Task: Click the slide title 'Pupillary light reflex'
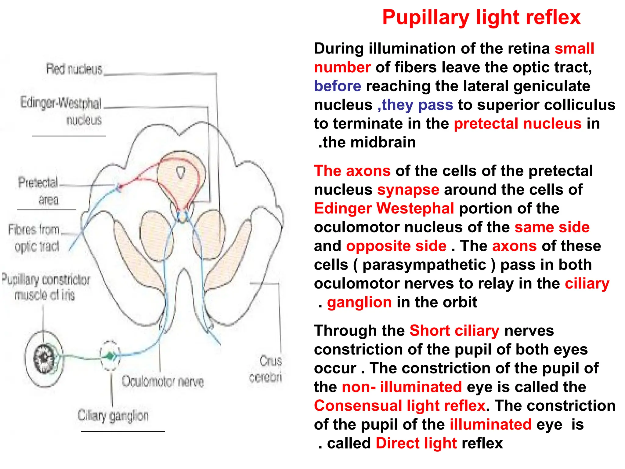[x=481, y=17]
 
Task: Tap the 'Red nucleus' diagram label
[x=74, y=69]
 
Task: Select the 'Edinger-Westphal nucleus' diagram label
[x=61, y=111]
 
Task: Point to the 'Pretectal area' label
[x=39, y=191]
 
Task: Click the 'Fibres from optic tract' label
[x=34, y=238]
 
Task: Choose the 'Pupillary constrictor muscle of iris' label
[x=46, y=287]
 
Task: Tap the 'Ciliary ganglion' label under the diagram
[x=113, y=416]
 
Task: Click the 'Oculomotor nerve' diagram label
[x=163, y=382]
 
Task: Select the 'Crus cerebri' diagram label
[x=266, y=369]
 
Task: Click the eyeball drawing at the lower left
[x=44, y=359]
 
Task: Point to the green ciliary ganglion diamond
[x=110, y=356]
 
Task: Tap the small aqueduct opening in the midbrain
[x=181, y=172]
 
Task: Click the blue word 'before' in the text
[x=338, y=86]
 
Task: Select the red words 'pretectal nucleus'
[x=518, y=124]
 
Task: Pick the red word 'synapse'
[x=408, y=190]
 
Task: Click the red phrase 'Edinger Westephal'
[x=384, y=209]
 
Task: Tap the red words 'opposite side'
[x=396, y=246]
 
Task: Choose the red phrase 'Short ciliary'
[x=454, y=331]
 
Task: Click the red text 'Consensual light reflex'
[x=400, y=406]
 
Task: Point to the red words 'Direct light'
[x=416, y=443]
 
